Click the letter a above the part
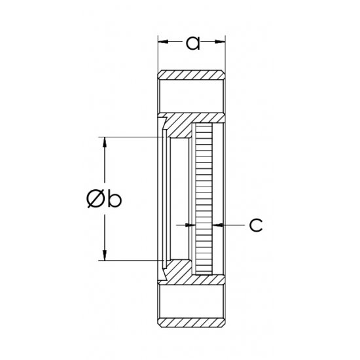pos(192,43)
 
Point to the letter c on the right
pos(256,225)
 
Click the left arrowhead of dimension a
pos(162,43)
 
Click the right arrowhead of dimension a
pos(222,43)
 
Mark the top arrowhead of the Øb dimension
pos(103,141)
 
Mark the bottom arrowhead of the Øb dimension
pos(103,256)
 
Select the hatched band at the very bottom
pos(192,322)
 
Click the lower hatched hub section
pos(187,276)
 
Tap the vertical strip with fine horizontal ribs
pos(205,200)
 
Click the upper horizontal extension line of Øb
pos(131,137)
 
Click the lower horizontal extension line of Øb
pos(131,261)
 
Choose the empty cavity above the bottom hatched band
pos(192,301)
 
